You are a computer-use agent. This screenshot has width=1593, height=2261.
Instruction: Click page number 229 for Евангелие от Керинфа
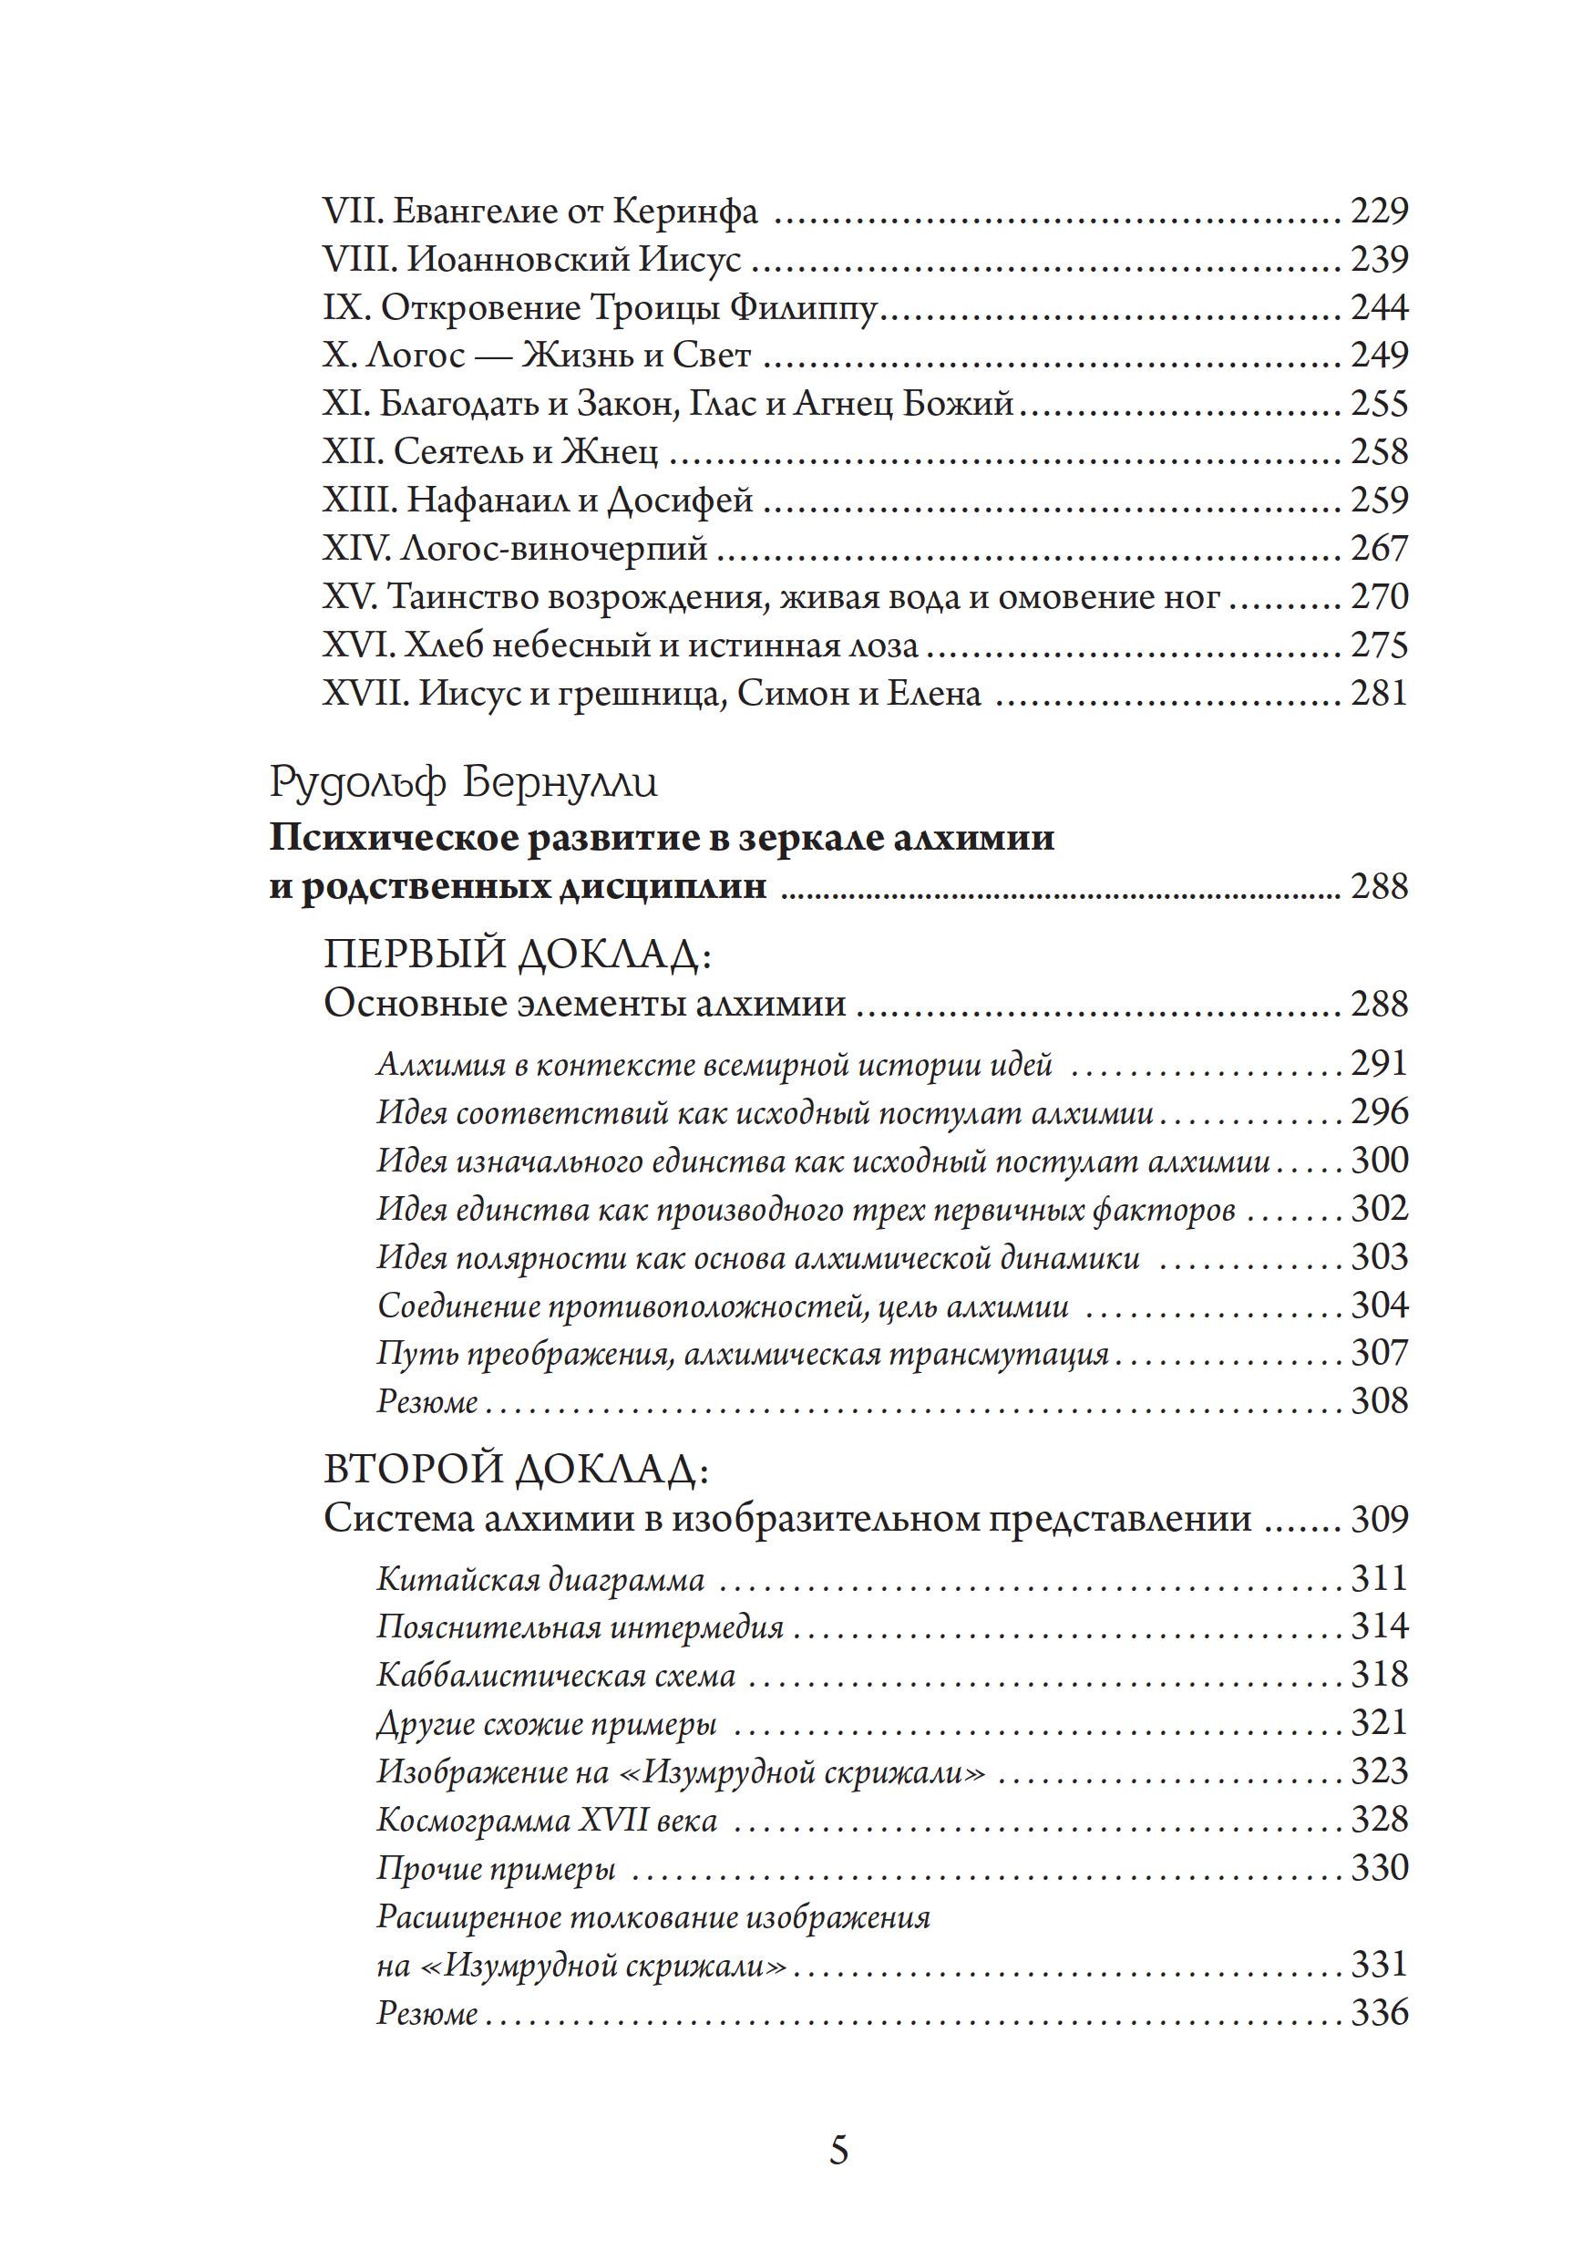pyautogui.click(x=1378, y=211)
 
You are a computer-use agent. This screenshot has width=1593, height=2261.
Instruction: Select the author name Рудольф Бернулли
pyautogui.click(x=464, y=783)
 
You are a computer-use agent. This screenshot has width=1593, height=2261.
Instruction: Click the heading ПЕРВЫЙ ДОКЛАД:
pyautogui.click(x=516, y=954)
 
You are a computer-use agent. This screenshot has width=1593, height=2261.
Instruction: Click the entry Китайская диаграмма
pyautogui.click(x=540, y=1581)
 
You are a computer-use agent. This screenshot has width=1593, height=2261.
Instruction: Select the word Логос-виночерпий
pyautogui.click(x=554, y=549)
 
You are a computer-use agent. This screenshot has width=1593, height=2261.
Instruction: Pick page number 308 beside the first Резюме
pyautogui.click(x=1378, y=1400)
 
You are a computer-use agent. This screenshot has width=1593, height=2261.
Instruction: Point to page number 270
pyautogui.click(x=1378, y=597)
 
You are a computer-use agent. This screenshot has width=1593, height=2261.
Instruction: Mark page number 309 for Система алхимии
pyautogui.click(x=1378, y=1519)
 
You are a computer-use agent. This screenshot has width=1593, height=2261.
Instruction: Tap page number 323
pyautogui.click(x=1378, y=1771)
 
